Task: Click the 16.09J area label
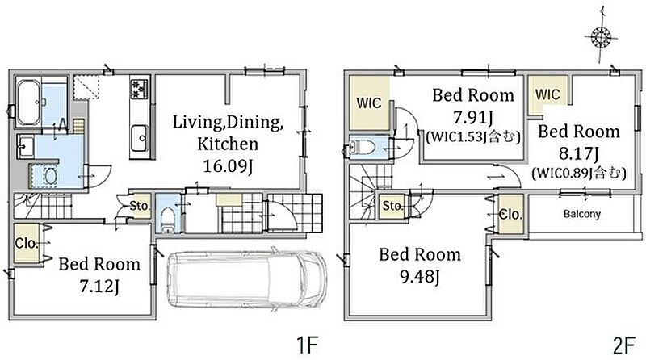coord(228,166)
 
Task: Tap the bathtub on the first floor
coord(29,103)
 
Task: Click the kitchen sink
coord(140,138)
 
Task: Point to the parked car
coord(247,278)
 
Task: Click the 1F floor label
coord(308,345)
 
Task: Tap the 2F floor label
coord(623,345)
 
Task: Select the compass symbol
coord(600,37)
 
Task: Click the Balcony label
coord(581,214)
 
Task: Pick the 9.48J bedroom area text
coord(420,277)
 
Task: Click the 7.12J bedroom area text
coord(99,287)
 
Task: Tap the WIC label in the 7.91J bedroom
coord(369,103)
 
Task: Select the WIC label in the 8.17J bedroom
coord(547,94)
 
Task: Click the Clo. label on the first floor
coord(26,243)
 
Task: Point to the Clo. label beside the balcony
coord(510,214)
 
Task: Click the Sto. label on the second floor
coord(392,206)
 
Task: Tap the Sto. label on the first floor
coord(140,206)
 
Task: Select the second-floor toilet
coord(361,148)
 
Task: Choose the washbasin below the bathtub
coord(25,147)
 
